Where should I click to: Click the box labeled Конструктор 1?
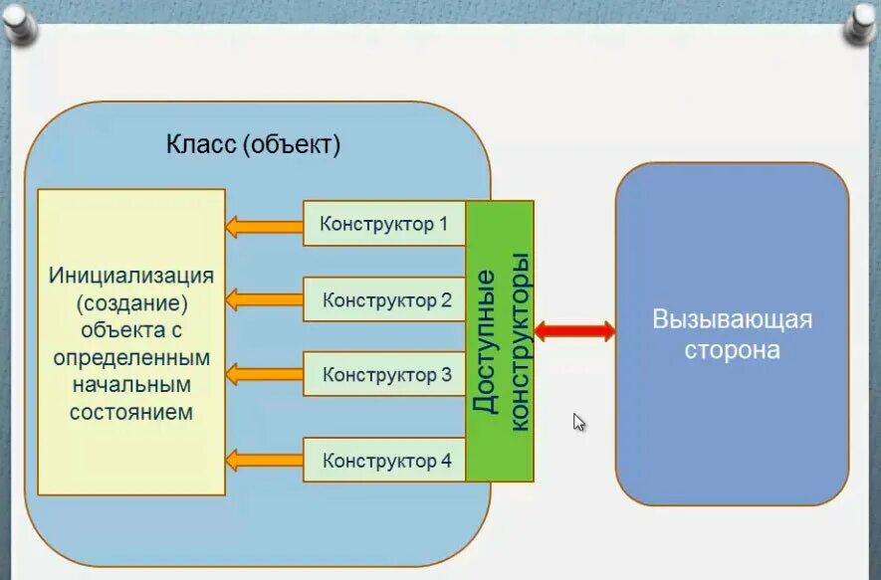(384, 224)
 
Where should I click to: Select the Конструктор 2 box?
(384, 299)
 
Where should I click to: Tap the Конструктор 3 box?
(384, 375)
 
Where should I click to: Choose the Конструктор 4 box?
(384, 461)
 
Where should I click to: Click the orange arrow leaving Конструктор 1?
(264, 226)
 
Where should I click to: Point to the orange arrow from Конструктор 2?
(264, 298)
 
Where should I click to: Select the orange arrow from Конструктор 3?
(264, 374)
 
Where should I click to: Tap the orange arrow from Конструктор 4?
(264, 460)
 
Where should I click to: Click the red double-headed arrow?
(574, 331)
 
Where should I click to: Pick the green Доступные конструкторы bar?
(500, 340)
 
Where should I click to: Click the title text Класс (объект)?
(254, 145)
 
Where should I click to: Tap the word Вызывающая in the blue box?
(732, 320)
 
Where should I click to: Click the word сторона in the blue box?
(732, 351)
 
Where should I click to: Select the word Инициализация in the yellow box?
(131, 274)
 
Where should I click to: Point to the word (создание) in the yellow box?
(131, 301)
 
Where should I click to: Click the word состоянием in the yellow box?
(131, 411)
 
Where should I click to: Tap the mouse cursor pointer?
(578, 421)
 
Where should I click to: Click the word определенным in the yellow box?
(131, 356)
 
